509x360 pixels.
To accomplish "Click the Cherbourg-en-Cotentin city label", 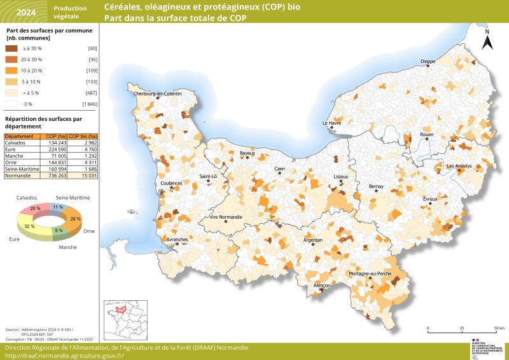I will (157, 93).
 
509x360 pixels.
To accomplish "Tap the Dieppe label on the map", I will (428, 62).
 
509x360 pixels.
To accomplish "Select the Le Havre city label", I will (332, 123).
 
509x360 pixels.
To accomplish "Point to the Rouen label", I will (426, 135).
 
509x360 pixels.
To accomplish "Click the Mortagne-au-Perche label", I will (370, 273).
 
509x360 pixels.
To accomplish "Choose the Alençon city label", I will (323, 286).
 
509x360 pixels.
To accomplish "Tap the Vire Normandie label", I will (221, 217).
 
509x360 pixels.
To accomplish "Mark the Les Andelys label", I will (459, 166).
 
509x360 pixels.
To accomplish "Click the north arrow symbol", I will (487, 41).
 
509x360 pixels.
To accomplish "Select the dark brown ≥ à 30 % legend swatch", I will (12, 48).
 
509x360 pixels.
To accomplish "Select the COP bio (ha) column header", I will (83, 136).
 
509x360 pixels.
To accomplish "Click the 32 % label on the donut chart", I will (29, 226).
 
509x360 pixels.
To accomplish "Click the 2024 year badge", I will (26, 11).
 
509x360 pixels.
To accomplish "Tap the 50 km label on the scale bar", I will (499, 329).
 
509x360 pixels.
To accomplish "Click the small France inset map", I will (121, 320).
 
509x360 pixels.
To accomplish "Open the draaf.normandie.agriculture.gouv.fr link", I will (64, 356).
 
